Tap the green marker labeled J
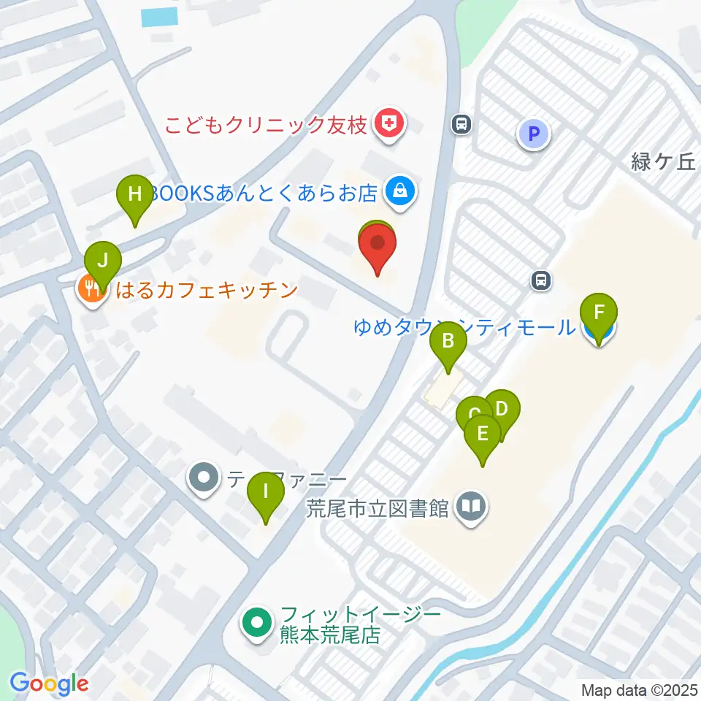tap(102, 261)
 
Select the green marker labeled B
tap(448, 341)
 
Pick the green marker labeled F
tap(599, 314)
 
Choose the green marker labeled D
tap(502, 410)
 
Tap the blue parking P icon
tap(534, 134)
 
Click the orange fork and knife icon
tap(91, 290)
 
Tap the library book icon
tap(471, 507)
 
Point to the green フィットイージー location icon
tap(256, 624)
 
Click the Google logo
tap(49, 684)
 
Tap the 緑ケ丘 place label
tap(664, 162)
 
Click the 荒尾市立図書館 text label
tap(377, 508)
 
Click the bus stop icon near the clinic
tap(461, 124)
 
